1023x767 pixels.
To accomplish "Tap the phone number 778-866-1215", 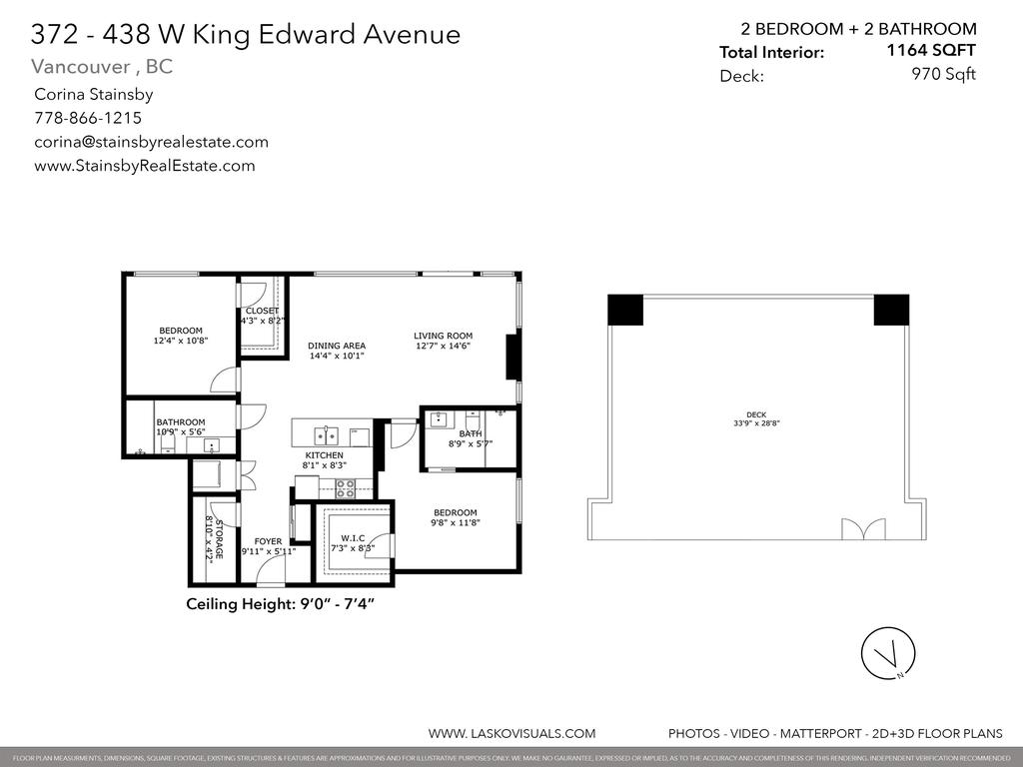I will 88,118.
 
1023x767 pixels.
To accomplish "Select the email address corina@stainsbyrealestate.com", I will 151,142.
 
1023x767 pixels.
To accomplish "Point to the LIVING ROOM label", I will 444,336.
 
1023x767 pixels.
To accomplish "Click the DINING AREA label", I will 337,346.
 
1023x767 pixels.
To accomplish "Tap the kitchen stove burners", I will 345,488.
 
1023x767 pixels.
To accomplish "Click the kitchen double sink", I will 326,435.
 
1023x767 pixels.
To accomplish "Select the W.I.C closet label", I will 351,537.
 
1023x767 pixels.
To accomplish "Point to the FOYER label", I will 268,541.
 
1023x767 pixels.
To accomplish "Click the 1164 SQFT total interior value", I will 931,50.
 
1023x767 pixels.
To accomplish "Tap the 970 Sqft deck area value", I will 943,74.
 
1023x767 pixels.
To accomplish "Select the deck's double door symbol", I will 862,529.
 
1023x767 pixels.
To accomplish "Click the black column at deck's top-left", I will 625,310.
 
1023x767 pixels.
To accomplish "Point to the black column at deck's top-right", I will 891,310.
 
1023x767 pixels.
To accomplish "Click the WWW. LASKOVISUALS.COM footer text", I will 511,733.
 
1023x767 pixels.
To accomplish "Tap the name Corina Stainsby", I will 93,95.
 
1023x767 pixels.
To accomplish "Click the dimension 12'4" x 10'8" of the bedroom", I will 180,342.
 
